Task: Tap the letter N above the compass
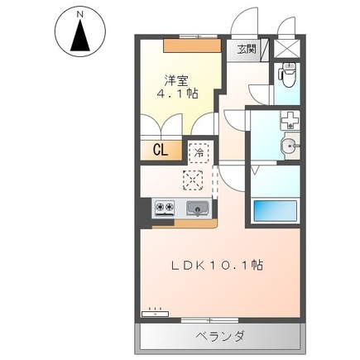[80, 14]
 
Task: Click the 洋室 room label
[175, 81]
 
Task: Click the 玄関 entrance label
[247, 50]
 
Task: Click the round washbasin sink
[289, 146]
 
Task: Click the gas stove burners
[163, 208]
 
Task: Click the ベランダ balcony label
[220, 337]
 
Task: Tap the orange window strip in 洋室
[191, 44]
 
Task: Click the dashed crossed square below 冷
[192, 179]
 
